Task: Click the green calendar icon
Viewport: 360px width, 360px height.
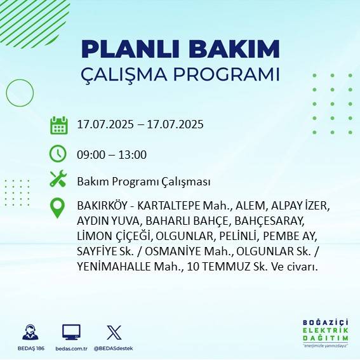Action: pos(58,125)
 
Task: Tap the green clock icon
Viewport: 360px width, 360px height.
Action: pos(58,154)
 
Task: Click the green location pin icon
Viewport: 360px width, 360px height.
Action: pos(58,208)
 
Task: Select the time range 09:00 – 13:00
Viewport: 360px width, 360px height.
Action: pos(112,154)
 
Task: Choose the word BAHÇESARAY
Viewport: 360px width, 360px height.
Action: pos(270,222)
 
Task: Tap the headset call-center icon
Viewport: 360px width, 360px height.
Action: pos(29,332)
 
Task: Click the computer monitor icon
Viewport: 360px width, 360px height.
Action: pos(71,331)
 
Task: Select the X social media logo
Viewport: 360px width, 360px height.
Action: pos(114,331)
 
